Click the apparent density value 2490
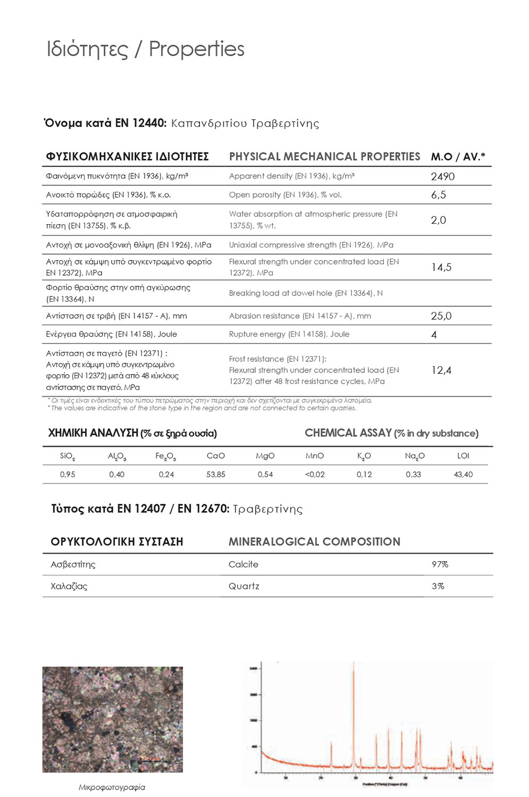click(442, 176)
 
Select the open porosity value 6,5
click(438, 195)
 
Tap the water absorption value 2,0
click(438, 220)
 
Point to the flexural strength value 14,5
click(441, 267)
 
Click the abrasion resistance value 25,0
click(441, 316)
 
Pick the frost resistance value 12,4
click(441, 370)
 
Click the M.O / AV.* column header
click(458, 157)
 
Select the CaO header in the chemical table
click(215, 456)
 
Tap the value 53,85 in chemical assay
click(215, 474)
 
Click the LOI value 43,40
click(463, 474)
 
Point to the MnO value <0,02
click(315, 474)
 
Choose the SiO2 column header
click(68, 456)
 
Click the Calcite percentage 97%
click(440, 564)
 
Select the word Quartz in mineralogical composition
click(243, 586)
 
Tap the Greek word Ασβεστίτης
click(73, 564)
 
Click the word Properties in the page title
click(196, 49)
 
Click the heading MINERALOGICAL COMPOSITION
click(314, 542)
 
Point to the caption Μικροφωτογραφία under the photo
click(112, 787)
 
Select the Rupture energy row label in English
click(289, 334)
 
